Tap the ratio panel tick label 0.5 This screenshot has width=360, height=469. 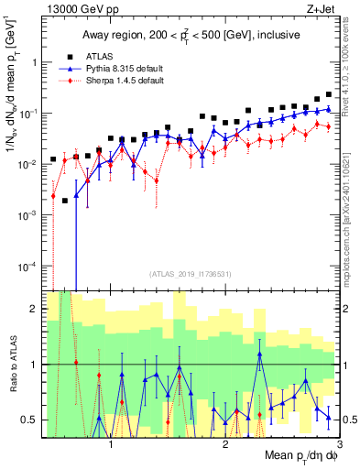coord(27,420)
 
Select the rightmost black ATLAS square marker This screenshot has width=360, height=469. coord(329,94)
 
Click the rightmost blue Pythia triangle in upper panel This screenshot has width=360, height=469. coord(329,109)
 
